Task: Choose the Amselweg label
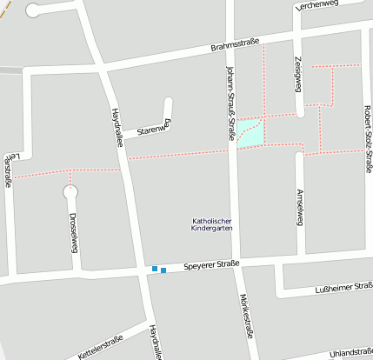click(299, 206)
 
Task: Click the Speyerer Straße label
click(211, 264)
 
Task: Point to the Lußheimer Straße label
click(343, 289)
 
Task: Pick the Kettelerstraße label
click(101, 345)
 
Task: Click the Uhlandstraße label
click(351, 352)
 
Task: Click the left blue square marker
click(155, 269)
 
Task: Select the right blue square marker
click(163, 270)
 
